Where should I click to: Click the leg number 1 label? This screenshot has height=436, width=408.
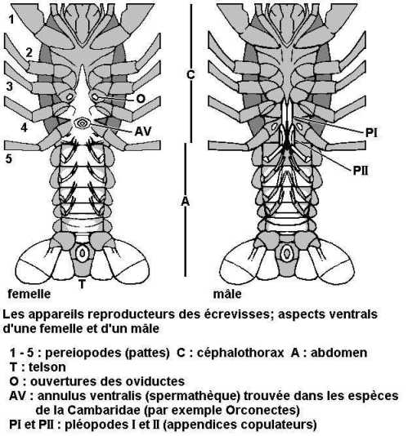coord(11,20)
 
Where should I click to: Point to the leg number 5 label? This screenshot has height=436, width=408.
coord(9,158)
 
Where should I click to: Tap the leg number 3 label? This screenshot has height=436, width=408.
coord(9,87)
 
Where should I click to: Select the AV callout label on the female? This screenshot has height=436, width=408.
coord(143,131)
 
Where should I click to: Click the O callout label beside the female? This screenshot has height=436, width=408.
coord(141,99)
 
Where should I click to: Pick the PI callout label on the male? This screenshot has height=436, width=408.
coord(371,132)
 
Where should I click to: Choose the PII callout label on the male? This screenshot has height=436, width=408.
coord(361,171)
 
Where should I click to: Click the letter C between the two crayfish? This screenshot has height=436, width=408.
coord(191,74)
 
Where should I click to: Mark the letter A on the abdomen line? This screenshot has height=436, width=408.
coord(186,202)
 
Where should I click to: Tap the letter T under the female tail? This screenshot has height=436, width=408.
coord(82,284)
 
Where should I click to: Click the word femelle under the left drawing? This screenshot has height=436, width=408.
coord(29,294)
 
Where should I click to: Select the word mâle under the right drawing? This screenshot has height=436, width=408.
coord(227,294)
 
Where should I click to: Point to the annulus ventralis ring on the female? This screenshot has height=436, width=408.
coord(82,123)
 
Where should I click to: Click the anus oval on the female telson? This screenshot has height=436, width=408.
coord(82,253)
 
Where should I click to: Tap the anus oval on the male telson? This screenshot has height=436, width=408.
coord(287,253)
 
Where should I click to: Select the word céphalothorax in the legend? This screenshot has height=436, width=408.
coord(240,353)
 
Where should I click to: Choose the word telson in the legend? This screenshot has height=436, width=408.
coord(47,367)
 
